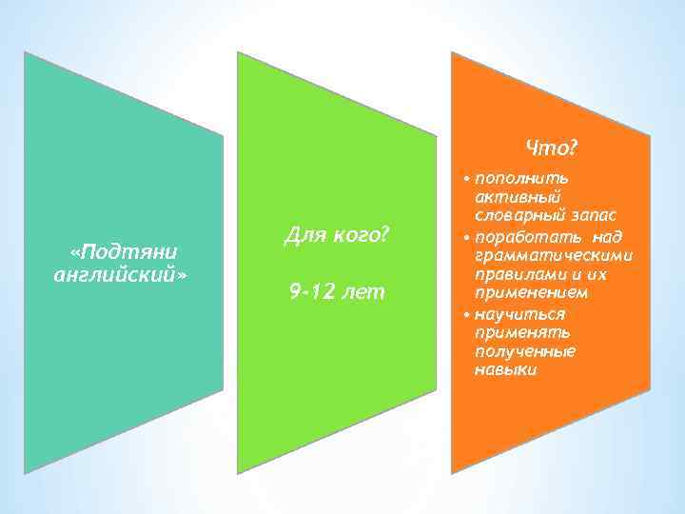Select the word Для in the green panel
tap(303, 234)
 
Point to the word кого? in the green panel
tap(358, 234)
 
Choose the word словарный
tap(519, 216)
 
